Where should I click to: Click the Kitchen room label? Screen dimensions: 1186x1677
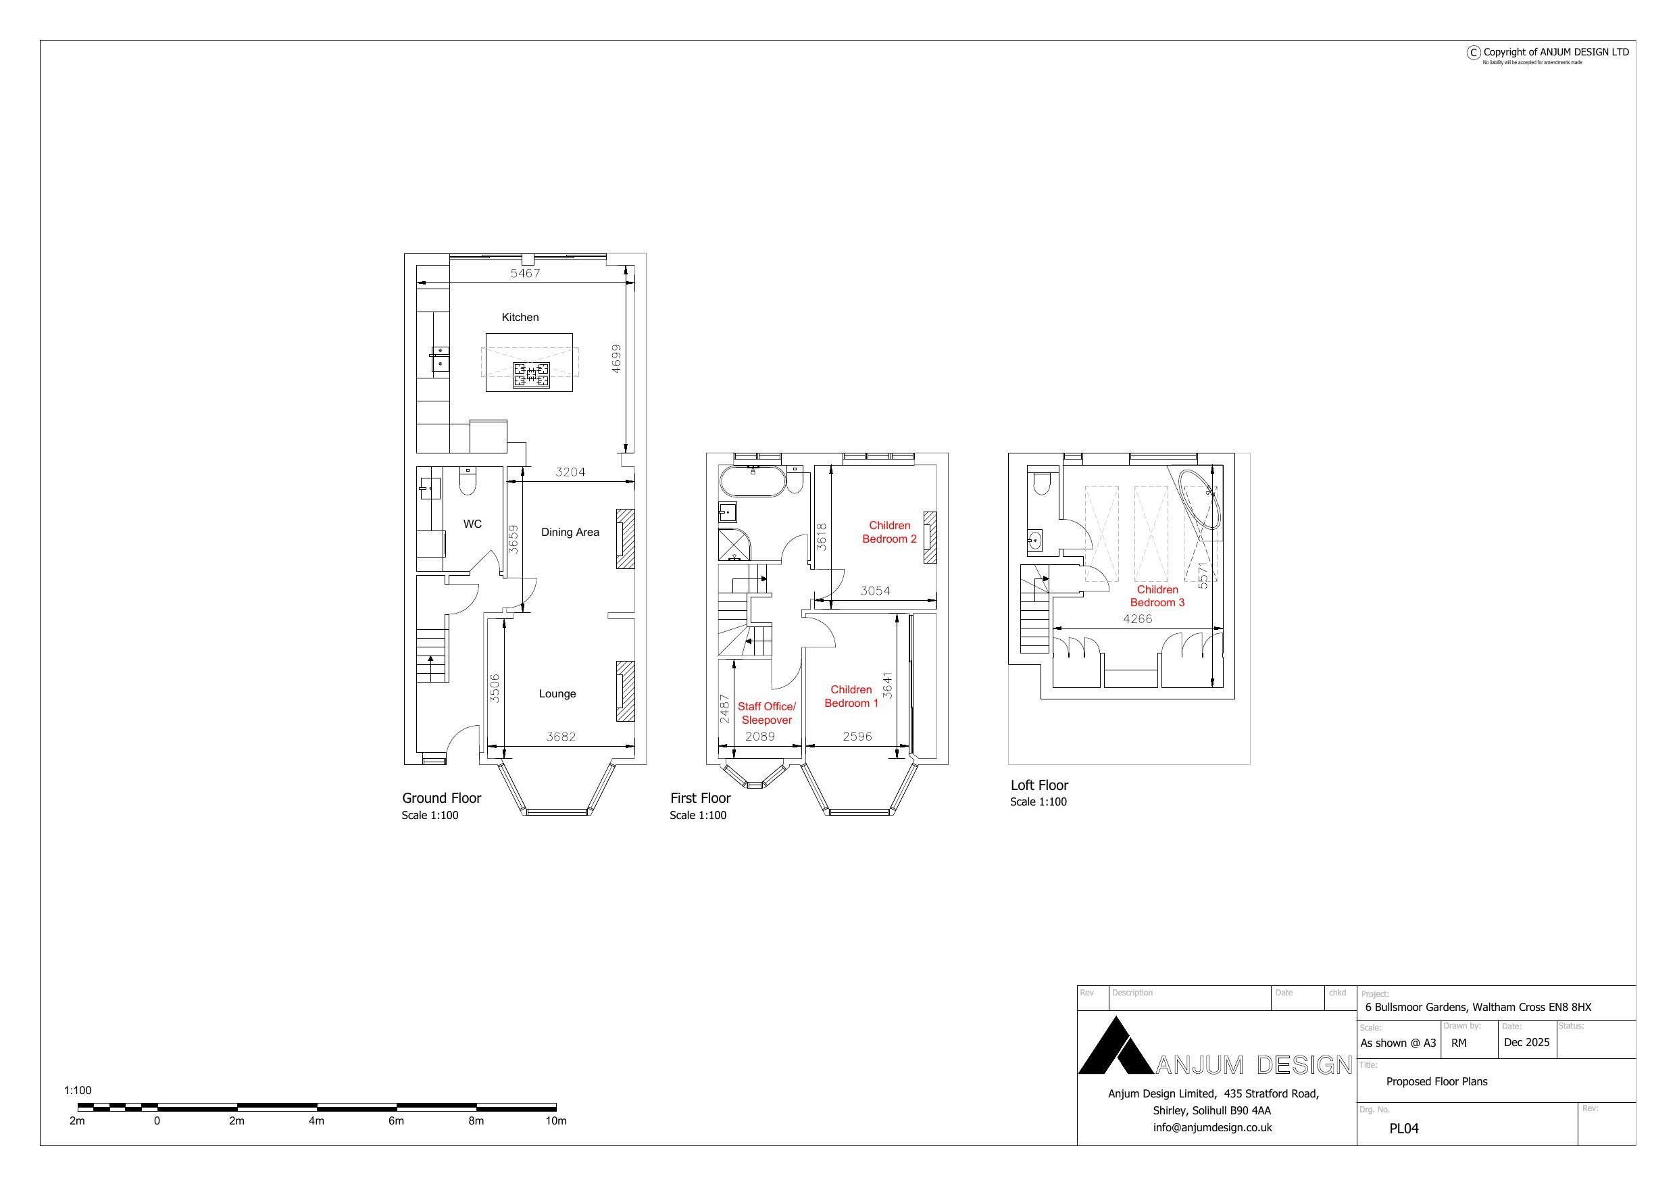[x=520, y=317]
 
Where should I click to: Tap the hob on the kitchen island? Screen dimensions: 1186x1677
[x=531, y=375]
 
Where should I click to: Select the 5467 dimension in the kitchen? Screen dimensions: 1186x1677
[x=525, y=273]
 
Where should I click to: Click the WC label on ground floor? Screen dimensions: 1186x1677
[x=472, y=524]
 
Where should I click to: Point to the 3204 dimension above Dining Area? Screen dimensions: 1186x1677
[x=570, y=472]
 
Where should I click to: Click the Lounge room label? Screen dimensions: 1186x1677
[x=557, y=693]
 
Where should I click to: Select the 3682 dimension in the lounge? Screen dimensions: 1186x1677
[x=561, y=737]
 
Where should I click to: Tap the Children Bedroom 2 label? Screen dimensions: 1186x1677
[x=889, y=532]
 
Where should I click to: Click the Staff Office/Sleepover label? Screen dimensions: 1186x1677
[x=766, y=713]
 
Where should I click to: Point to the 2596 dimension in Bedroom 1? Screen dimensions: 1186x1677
[x=857, y=737]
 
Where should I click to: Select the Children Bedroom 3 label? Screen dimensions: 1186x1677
[x=1157, y=595]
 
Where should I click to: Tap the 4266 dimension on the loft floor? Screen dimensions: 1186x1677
[x=1137, y=619]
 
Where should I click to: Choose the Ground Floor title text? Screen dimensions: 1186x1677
[x=441, y=798]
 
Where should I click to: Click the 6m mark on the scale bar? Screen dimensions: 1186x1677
[x=396, y=1120]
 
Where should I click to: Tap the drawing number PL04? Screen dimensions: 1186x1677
[x=1403, y=1129]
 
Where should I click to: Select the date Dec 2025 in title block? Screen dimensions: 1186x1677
[x=1526, y=1042]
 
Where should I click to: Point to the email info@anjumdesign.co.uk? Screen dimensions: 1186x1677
[x=1212, y=1127]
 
